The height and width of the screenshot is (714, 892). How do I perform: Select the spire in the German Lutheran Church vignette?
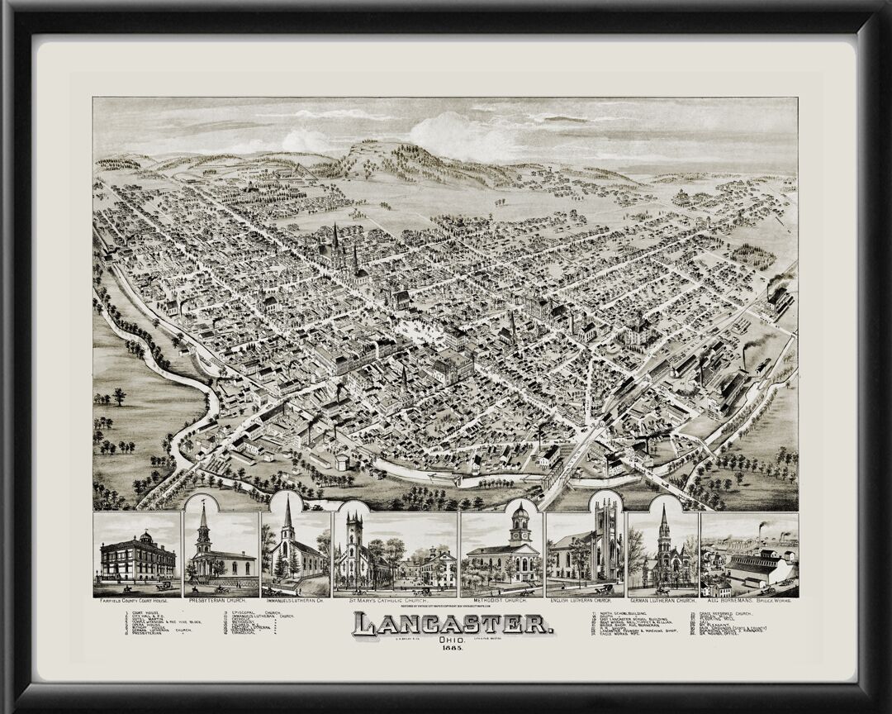click(663, 521)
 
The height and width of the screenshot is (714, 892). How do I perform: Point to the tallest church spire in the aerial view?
click(335, 240)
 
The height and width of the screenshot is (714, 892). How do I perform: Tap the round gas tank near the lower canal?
click(341, 460)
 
